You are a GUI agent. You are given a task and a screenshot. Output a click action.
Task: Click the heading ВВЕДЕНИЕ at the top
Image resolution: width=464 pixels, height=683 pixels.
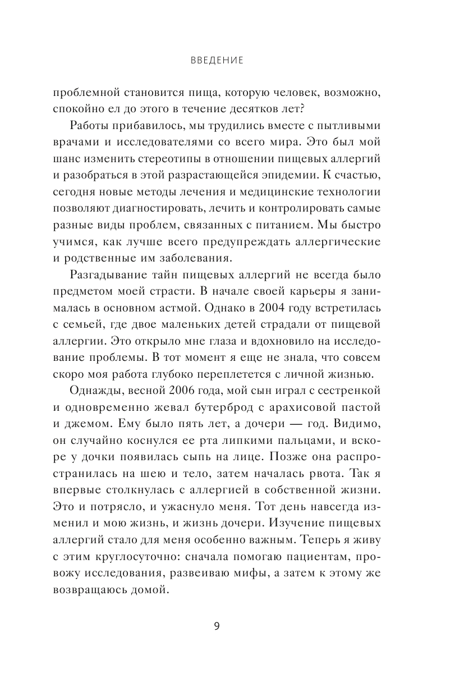[216, 61]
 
